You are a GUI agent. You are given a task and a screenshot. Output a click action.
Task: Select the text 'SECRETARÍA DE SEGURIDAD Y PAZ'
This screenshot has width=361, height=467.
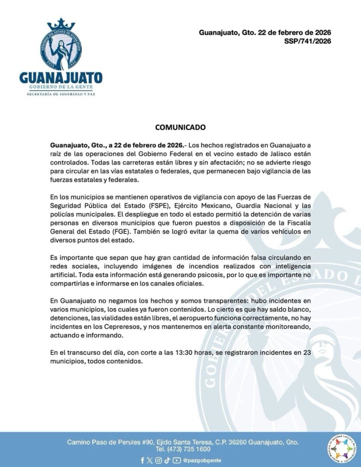point(61,94)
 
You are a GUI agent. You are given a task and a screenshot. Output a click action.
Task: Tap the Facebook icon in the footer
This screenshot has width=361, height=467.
point(142,460)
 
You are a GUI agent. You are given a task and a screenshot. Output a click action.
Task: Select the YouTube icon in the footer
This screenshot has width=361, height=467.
point(176,460)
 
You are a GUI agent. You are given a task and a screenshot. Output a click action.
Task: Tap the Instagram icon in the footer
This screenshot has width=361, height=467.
point(158,460)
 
